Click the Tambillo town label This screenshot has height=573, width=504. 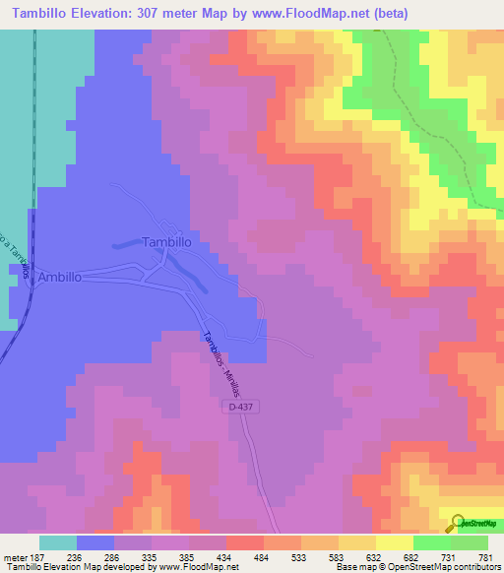[x=174, y=241]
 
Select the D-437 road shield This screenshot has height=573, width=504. [x=237, y=407]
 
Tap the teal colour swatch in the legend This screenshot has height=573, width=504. [x=58, y=542]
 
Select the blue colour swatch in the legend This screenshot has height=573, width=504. [x=95, y=542]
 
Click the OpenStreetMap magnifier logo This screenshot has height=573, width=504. [x=460, y=523]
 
